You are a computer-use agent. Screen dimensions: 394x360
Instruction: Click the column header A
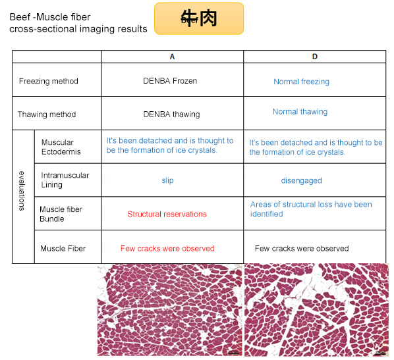pos(172,57)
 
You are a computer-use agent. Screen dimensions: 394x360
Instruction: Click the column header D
pos(315,57)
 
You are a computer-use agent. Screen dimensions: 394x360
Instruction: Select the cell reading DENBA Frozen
pos(170,81)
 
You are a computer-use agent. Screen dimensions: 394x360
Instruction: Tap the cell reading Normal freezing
pos(301,82)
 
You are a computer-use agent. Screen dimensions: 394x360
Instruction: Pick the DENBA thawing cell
pos(171,115)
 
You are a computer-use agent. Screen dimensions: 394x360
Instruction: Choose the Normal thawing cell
pos(300,112)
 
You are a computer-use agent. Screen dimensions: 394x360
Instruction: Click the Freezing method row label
pos(49,81)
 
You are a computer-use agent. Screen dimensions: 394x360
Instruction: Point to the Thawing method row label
pos(47,115)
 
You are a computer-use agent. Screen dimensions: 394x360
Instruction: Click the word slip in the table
pos(167,180)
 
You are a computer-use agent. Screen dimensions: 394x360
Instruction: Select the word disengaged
pos(301,181)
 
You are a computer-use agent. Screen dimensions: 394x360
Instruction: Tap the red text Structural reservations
pos(167,214)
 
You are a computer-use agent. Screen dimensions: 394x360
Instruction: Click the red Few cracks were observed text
pos(167,249)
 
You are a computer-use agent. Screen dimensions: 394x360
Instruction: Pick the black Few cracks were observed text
pos(302,249)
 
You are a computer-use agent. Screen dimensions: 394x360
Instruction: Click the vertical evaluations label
pos(22,191)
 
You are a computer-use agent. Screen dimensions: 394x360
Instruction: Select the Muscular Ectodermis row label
pos(61,147)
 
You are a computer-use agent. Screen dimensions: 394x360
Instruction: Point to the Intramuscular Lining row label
pos(65,180)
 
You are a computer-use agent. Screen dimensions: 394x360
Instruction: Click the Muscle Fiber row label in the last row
pos(63,249)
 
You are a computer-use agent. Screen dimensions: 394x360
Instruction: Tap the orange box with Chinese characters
pos(199,18)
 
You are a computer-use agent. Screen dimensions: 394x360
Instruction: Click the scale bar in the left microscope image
pos(234,353)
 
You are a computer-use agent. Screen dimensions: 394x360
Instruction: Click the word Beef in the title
pos(20,17)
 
